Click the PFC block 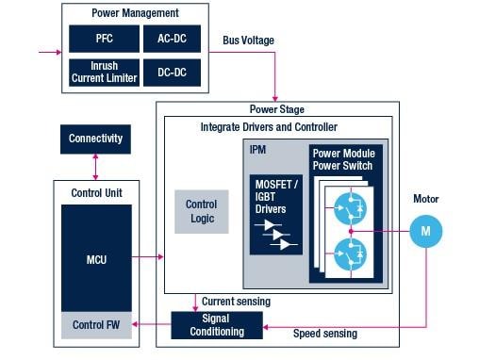point(103,40)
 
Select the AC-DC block point(172,40)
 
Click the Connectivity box point(95,139)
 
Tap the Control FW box point(95,324)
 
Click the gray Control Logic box point(200,211)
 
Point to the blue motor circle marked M point(426,231)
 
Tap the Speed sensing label point(325,334)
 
